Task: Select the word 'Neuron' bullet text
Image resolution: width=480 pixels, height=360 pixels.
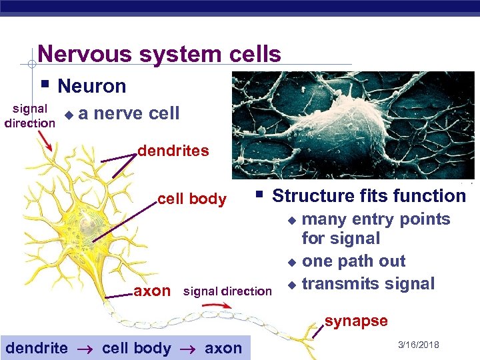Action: [x=91, y=86]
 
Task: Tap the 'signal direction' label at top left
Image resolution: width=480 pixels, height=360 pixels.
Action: [x=29, y=115]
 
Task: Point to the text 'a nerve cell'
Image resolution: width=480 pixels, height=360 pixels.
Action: [x=129, y=113]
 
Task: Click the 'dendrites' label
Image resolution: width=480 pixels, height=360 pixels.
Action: [x=173, y=151]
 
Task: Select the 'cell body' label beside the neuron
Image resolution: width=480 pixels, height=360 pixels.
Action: [x=191, y=199]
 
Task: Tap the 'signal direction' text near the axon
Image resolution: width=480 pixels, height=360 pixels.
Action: [x=227, y=291]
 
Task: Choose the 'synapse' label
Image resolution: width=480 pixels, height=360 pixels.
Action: [x=356, y=321]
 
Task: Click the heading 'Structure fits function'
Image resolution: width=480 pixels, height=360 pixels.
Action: [x=369, y=196]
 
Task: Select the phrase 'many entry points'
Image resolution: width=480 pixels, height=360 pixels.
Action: [x=376, y=219]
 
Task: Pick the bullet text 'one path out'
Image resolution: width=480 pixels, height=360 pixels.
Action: [x=353, y=261]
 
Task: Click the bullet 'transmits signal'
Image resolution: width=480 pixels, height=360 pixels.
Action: [x=368, y=283]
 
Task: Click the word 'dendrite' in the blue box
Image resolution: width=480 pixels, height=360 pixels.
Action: [x=37, y=347]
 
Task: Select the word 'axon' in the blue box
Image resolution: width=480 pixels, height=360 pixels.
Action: [x=223, y=347]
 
